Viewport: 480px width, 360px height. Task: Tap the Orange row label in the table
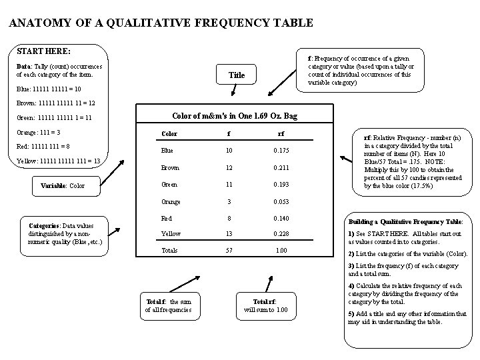coord(171,201)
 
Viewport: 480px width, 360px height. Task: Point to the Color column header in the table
coord(169,133)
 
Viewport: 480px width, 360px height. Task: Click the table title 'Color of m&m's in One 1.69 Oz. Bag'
coord(235,116)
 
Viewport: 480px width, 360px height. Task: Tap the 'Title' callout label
coord(236,75)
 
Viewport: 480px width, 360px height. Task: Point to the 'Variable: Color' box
coord(63,185)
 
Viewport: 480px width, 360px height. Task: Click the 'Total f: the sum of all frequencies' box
coord(168,305)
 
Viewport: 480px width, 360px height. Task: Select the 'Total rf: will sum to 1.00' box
coord(266,305)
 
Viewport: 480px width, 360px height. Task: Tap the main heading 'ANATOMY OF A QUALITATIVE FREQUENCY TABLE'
coord(161,23)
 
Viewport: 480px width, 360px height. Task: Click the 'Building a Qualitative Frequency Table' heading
coord(406,221)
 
